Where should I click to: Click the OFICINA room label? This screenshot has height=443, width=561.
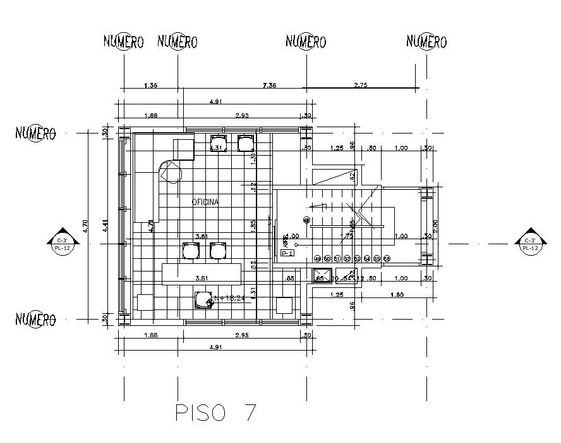205,202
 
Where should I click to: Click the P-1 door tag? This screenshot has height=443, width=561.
287,253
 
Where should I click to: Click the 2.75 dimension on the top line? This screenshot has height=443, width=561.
360,85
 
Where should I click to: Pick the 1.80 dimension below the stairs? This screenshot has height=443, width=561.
397,295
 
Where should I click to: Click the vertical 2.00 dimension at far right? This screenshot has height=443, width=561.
435,225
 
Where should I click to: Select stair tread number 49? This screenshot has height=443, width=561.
317,259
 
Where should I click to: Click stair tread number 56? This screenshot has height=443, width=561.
387,259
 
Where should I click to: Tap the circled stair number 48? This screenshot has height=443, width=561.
306,220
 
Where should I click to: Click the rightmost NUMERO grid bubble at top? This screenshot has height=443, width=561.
426,42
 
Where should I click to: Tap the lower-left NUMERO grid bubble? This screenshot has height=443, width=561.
36,318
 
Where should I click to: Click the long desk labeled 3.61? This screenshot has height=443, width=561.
202,274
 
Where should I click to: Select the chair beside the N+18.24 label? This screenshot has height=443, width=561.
203,299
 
